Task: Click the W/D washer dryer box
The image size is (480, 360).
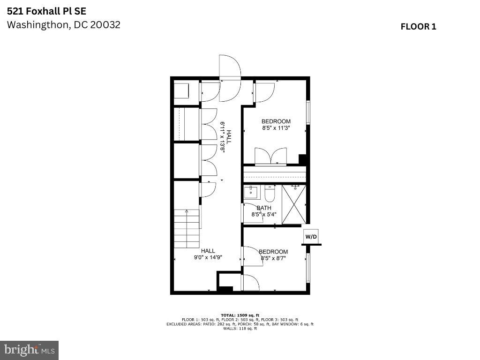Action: coord(311,236)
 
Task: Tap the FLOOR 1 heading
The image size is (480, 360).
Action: coord(418,27)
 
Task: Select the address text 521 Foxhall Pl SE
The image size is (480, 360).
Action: coord(46,11)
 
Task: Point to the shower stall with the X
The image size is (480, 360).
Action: coord(293,204)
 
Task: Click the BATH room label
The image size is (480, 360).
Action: coord(264,208)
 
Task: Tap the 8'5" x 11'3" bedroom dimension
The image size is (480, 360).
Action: coord(276,128)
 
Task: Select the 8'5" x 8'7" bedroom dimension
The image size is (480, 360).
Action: coord(273,258)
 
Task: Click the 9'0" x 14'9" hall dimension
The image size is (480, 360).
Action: coord(208,257)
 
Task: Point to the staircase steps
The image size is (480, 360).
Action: coord(187,229)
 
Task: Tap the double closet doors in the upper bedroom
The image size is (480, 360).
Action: coord(271,157)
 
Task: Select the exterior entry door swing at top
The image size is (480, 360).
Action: coord(230,78)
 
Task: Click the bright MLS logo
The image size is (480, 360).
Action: coord(29,350)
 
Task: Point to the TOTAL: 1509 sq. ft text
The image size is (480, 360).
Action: coord(240,315)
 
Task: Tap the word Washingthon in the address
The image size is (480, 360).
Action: coord(39,25)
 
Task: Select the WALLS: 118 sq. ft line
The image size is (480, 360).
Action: coord(240,329)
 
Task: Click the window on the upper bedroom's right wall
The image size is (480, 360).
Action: coord(308,112)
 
